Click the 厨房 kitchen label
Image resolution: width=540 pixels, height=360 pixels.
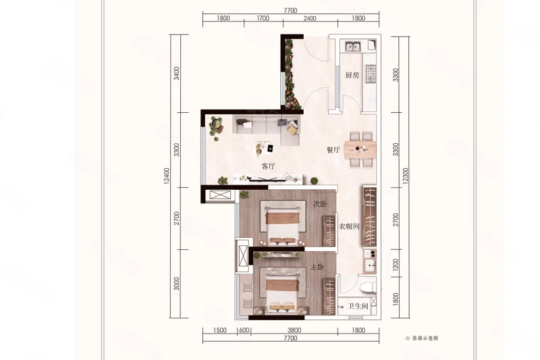(x=352, y=75)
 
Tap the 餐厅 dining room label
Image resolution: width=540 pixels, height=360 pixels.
(x=333, y=150)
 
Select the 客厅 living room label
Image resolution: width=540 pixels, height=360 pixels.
(x=268, y=166)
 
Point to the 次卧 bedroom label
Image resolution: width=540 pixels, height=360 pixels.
(x=319, y=204)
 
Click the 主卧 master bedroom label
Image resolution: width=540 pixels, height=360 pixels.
(x=317, y=267)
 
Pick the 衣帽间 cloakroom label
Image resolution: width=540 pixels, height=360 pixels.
(x=349, y=226)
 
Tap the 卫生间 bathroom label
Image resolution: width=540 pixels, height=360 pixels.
(x=358, y=306)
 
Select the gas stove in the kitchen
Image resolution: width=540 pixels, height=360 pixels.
(x=371, y=74)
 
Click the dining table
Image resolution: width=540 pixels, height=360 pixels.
(x=360, y=149)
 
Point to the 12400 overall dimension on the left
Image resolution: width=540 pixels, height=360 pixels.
(x=167, y=176)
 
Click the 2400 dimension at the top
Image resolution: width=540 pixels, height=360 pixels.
(x=310, y=18)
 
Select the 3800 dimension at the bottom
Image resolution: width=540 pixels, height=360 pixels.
(x=294, y=330)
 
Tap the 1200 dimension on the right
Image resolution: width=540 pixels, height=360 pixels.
(x=396, y=265)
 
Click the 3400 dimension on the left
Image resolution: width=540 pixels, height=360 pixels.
(x=177, y=74)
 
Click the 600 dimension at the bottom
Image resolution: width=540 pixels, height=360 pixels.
(x=244, y=330)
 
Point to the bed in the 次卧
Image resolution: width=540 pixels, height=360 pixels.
(x=282, y=223)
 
